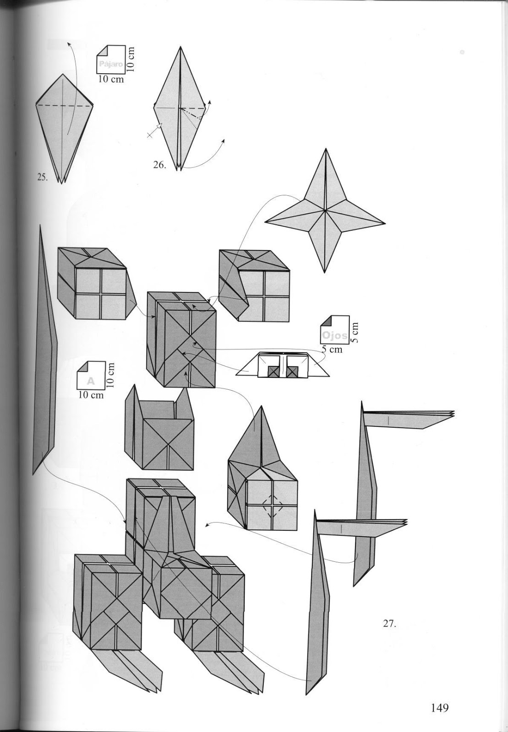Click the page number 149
pyautogui.click(x=439, y=708)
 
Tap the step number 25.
pyautogui.click(x=42, y=178)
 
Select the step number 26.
pyautogui.click(x=159, y=165)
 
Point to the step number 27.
pyautogui.click(x=389, y=623)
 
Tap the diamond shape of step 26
pyautogui.click(x=180, y=110)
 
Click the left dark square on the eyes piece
pyautogui.click(x=273, y=372)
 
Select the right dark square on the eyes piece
pyautogui.click(x=293, y=372)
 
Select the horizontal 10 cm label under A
pyautogui.click(x=91, y=395)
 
